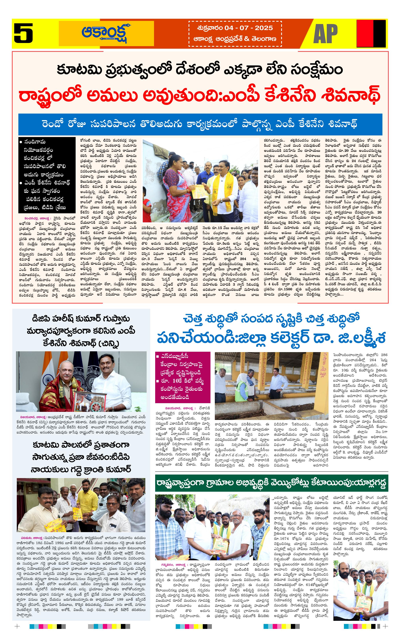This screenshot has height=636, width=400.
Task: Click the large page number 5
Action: [23, 33]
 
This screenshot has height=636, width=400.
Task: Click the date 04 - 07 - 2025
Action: [248, 28]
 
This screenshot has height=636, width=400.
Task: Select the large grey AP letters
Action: [325, 34]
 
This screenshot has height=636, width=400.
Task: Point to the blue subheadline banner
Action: [200, 124]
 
